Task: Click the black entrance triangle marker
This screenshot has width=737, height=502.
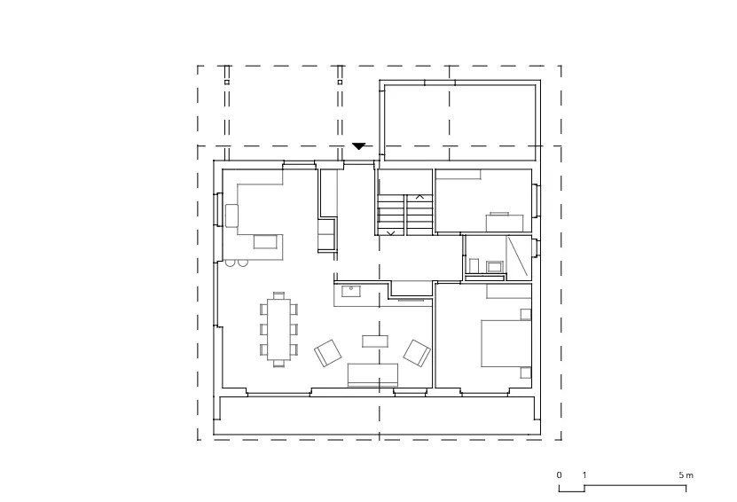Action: coord(358,146)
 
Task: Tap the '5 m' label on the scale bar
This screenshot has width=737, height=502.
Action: coord(686,475)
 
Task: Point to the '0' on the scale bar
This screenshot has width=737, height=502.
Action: coord(559,475)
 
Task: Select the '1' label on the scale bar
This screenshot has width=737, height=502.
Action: coord(584,475)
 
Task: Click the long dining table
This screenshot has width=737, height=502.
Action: coord(278,329)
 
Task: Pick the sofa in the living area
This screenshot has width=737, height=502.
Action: coord(372,374)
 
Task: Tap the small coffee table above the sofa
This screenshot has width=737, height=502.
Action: coord(375,341)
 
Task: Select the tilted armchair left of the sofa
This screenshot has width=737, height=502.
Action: coord(328,352)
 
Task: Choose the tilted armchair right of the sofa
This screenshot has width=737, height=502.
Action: coord(417,353)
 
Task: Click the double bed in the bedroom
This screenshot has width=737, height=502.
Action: coord(506,343)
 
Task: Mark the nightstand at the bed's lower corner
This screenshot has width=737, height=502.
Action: coord(526,373)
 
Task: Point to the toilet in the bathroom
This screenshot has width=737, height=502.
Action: coord(474,265)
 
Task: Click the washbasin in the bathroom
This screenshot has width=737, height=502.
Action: coord(495,266)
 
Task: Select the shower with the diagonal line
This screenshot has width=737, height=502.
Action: coord(519,257)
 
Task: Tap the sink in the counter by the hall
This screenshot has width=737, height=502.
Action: coord(351,291)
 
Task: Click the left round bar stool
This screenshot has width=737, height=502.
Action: coord(230,263)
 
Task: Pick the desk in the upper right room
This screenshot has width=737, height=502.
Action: coord(505,223)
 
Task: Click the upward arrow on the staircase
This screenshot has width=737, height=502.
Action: coord(419,197)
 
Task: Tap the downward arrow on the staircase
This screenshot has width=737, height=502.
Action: coord(390,232)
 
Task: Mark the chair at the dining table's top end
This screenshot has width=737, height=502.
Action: coord(278,295)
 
